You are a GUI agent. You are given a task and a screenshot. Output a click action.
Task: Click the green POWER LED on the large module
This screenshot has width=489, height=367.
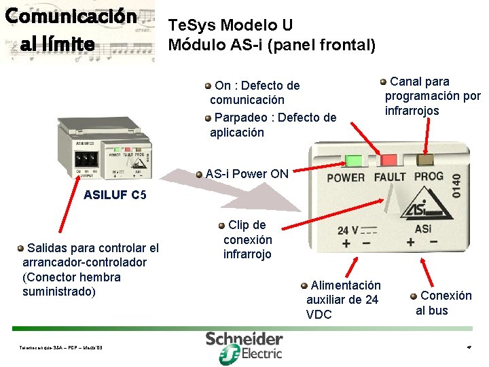point(355,160)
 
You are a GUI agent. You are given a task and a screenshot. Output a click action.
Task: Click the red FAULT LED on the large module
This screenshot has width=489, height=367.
point(390,160)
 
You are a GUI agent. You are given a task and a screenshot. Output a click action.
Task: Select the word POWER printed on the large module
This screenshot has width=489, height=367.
point(346,178)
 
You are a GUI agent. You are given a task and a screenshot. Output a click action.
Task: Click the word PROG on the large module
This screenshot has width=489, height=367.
point(429,176)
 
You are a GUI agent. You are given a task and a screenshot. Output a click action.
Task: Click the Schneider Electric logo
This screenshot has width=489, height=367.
point(244,347)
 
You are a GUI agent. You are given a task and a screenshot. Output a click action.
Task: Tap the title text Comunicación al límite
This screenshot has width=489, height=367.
point(69,31)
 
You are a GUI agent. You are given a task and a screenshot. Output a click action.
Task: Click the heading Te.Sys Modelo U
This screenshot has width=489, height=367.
point(231,26)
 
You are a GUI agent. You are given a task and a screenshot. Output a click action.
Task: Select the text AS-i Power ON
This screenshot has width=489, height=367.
point(247,173)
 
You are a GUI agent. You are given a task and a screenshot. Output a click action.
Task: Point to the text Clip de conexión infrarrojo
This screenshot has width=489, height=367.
point(247,239)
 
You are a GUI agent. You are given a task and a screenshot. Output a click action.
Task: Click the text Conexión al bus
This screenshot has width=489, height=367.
point(443,303)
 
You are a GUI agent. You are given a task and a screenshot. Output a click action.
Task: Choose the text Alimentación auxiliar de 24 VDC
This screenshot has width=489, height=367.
point(343,300)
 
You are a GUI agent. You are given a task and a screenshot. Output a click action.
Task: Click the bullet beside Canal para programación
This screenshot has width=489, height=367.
point(384,82)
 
